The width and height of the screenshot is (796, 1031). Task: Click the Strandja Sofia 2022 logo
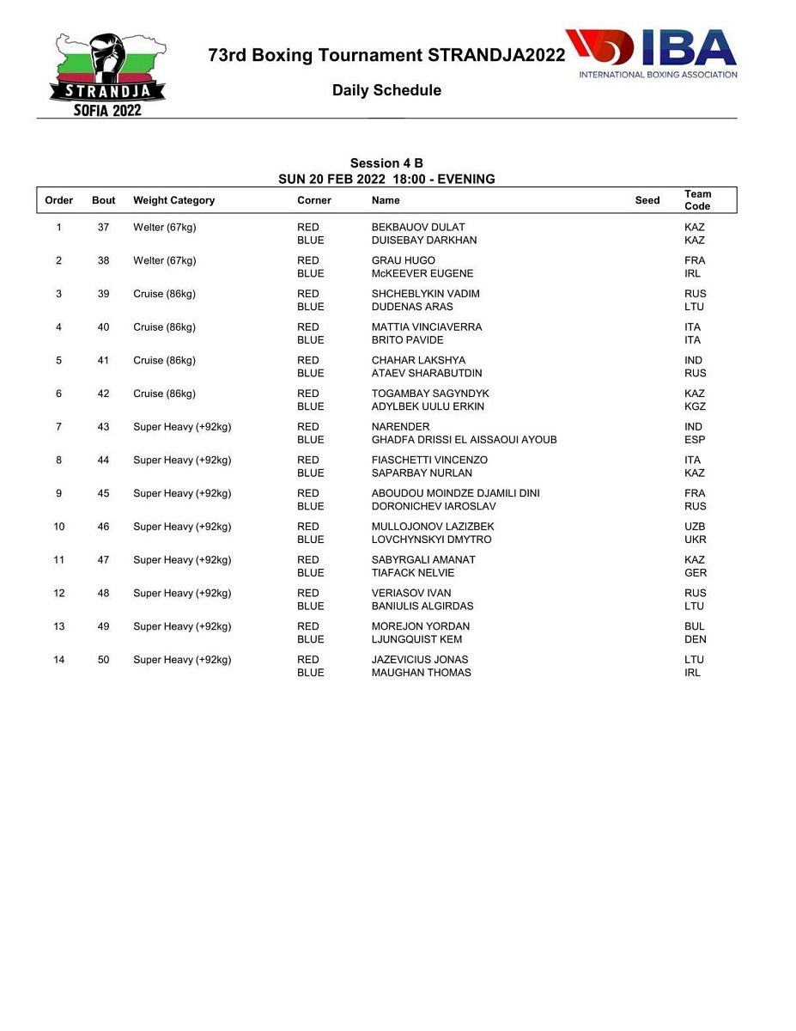click(107, 75)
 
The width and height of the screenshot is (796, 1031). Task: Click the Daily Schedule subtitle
click(386, 90)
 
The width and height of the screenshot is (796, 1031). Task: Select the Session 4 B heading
click(386, 163)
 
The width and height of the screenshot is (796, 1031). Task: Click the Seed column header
click(647, 200)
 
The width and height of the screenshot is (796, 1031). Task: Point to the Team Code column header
click(697, 200)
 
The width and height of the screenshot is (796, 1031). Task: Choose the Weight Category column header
click(173, 200)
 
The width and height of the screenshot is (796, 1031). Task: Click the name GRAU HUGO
click(403, 260)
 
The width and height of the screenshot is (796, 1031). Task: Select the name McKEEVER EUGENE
click(422, 273)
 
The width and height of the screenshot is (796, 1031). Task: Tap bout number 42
click(103, 393)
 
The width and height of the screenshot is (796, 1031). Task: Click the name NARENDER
click(400, 427)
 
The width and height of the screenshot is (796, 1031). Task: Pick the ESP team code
click(695, 440)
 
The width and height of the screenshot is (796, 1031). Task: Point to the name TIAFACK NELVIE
click(413, 573)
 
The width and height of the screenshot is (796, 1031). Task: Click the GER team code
click(695, 573)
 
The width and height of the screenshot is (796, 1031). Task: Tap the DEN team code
click(695, 639)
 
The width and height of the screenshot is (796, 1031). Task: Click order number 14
click(58, 660)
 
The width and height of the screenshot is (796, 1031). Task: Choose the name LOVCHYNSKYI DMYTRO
click(431, 540)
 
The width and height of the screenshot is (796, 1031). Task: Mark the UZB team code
click(695, 527)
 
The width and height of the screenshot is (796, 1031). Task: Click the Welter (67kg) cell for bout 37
click(164, 228)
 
